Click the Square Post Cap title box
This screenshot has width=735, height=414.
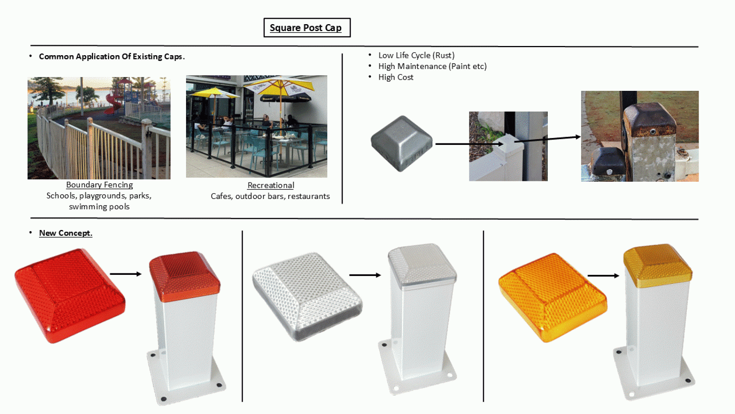pyautogui.click(x=307, y=28)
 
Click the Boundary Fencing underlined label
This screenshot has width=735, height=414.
pyautogui.click(x=100, y=185)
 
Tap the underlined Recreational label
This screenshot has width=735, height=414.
pyautogui.click(x=271, y=186)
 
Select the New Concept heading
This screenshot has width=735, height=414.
pyautogui.click(x=65, y=233)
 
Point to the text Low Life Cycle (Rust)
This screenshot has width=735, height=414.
pyautogui.click(x=416, y=56)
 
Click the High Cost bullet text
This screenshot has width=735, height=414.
pyautogui.click(x=396, y=77)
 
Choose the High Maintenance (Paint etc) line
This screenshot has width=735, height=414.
pyautogui.click(x=433, y=66)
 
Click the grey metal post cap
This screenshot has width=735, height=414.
pyautogui.click(x=402, y=143)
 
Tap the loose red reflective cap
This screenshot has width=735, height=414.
pyautogui.click(x=70, y=296)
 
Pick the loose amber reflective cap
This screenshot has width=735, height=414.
pyautogui.click(x=553, y=297)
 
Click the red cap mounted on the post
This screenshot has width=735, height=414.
pyautogui.click(x=185, y=276)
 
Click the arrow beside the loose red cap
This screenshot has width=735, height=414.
pyautogui.click(x=126, y=274)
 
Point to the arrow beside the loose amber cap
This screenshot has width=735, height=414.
pyautogui.click(x=603, y=276)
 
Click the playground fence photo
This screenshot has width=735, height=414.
pyautogui.click(x=99, y=128)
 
